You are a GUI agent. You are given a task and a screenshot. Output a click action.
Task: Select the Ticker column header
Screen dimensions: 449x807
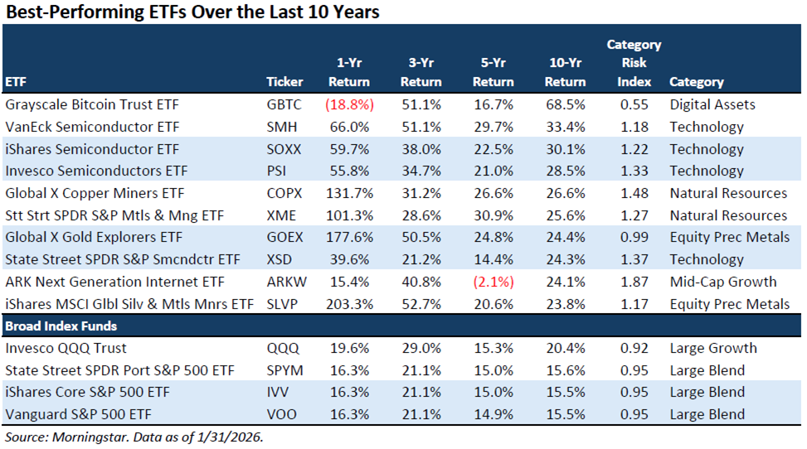tap(284, 82)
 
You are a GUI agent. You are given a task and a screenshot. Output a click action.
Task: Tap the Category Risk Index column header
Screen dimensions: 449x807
tap(634, 63)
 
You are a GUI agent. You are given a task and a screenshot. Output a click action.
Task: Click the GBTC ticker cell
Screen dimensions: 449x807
tap(284, 105)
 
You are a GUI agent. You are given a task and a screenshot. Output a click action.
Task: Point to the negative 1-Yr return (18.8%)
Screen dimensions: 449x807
tap(349, 105)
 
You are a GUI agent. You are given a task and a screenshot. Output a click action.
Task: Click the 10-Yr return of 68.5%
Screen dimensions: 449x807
tap(567, 105)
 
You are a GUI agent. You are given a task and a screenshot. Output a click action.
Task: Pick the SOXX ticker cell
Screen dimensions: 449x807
tap(284, 149)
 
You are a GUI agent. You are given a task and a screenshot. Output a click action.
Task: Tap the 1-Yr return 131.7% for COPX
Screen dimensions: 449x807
tap(349, 193)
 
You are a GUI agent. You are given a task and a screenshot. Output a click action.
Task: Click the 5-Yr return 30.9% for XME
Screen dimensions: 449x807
tap(495, 215)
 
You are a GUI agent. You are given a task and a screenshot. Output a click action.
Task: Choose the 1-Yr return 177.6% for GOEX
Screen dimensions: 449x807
tap(349, 237)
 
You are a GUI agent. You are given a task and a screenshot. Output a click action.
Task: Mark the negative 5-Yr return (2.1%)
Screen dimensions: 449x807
tap(495, 282)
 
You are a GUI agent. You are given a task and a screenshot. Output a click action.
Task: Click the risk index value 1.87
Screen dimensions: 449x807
tap(634, 282)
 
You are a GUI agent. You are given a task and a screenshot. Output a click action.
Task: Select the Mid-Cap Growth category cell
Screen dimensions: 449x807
tap(722, 282)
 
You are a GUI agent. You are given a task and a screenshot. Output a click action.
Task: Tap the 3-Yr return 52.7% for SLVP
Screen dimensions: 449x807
tap(421, 303)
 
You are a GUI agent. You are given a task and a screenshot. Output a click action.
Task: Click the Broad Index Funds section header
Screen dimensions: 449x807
tap(61, 326)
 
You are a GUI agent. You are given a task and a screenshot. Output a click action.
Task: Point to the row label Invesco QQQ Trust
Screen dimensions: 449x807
tap(66, 348)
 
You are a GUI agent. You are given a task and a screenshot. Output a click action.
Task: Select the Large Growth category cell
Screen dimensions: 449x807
tap(713, 348)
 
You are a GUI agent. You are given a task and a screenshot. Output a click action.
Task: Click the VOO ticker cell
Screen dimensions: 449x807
tap(284, 414)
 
